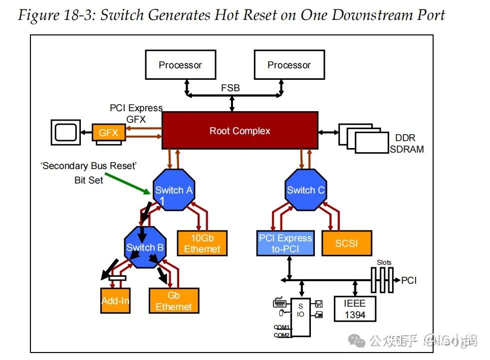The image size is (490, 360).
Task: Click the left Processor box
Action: click(x=180, y=65)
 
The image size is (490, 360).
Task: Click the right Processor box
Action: click(x=289, y=65)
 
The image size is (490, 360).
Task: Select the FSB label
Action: click(x=231, y=88)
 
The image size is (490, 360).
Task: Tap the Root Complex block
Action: click(x=240, y=131)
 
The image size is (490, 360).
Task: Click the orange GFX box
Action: click(x=109, y=133)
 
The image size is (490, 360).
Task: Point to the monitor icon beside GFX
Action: click(x=65, y=132)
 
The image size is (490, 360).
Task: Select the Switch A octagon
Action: click(x=173, y=190)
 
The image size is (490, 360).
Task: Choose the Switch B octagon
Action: click(x=145, y=247)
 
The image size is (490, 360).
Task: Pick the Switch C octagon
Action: click(x=305, y=190)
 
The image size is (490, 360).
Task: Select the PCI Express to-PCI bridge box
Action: click(x=285, y=244)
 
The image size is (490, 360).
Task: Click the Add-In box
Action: click(x=115, y=301)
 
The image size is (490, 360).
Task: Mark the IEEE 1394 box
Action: click(x=355, y=309)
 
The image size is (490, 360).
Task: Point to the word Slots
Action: click(x=384, y=262)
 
